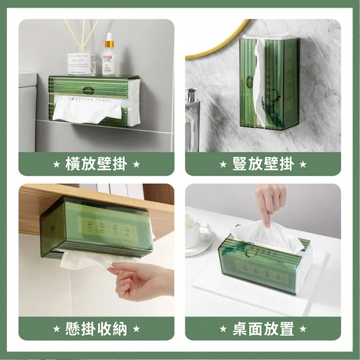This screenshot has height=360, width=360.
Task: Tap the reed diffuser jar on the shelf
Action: tap(80, 63)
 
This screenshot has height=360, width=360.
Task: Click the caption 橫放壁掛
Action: tap(96, 164)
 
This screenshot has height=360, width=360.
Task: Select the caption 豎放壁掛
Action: tap(263, 164)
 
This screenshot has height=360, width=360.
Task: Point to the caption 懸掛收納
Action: tap(96, 329)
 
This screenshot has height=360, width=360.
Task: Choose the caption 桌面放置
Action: tap(263, 329)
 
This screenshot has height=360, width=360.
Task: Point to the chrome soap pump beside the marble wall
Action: tap(192, 115)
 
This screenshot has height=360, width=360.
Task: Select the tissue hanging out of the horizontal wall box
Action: tap(86, 110)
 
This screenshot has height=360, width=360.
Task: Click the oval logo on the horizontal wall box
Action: tap(87, 90)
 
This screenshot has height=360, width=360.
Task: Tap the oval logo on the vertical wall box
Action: tap(250, 82)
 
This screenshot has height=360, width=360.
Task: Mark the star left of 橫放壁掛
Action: tap(56, 164)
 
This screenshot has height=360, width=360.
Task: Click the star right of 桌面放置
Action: tap(302, 329)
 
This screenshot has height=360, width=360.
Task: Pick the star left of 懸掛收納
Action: tap(56, 329)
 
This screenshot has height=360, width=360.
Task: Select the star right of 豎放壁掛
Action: tap(302, 164)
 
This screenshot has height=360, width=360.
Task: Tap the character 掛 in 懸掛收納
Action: tap(88, 329)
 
